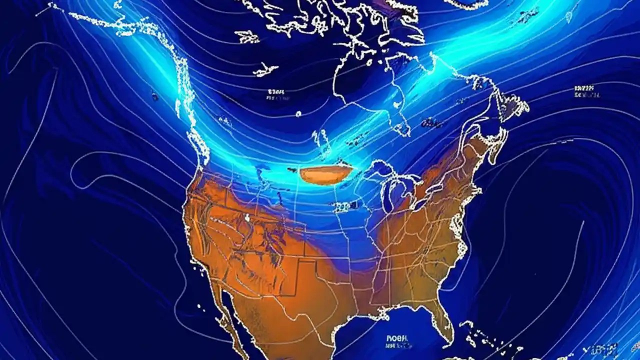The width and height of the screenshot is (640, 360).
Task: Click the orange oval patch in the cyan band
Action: click(x=326, y=174)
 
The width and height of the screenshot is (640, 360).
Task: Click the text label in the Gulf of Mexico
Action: click(x=397, y=338)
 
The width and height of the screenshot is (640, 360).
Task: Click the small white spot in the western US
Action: click(x=247, y=217)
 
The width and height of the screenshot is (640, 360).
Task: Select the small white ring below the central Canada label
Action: click(x=298, y=113)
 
